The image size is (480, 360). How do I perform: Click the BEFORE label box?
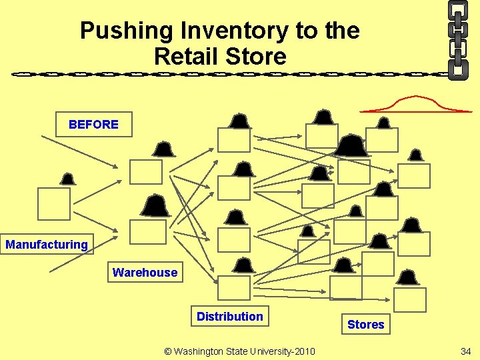click(93, 125)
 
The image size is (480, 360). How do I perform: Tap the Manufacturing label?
click(47, 245)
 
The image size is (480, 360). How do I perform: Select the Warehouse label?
click(145, 272)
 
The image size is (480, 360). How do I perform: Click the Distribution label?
click(229, 316)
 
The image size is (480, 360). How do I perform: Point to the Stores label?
click(365, 325)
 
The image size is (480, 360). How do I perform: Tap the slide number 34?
click(465, 351)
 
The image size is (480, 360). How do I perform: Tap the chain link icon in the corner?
click(458, 39)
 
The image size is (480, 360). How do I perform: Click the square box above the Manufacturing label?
click(54, 203)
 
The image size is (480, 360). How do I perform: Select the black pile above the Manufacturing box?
click(67, 179)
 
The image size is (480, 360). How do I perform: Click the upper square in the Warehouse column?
click(146, 171)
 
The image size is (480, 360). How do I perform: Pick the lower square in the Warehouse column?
click(148, 231)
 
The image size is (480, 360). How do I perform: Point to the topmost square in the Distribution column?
click(234, 140)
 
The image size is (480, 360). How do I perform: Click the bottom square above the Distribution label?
click(234, 287)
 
